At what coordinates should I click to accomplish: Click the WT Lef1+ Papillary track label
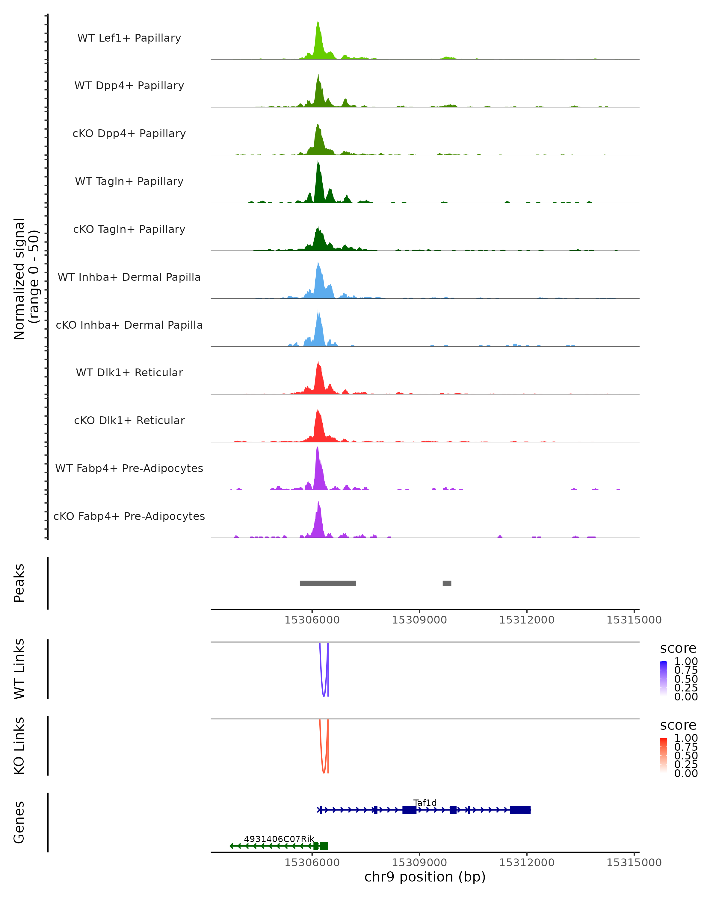click(x=129, y=38)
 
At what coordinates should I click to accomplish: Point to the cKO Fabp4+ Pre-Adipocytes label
click(x=129, y=516)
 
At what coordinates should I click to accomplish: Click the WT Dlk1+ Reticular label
click(x=129, y=372)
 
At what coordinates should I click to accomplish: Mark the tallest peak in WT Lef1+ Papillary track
click(x=318, y=22)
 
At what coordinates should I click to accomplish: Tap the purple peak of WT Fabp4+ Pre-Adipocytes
click(x=318, y=448)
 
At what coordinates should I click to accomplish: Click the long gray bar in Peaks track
click(x=328, y=583)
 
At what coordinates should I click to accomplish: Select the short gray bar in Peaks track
click(x=447, y=583)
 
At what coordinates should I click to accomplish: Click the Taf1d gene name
click(x=425, y=803)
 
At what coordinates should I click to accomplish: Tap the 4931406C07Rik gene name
click(x=279, y=839)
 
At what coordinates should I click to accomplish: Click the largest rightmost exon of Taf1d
click(x=520, y=810)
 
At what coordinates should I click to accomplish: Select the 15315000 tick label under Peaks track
click(x=634, y=620)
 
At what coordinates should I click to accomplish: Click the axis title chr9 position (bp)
click(x=425, y=877)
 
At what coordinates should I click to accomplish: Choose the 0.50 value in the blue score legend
click(x=686, y=679)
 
